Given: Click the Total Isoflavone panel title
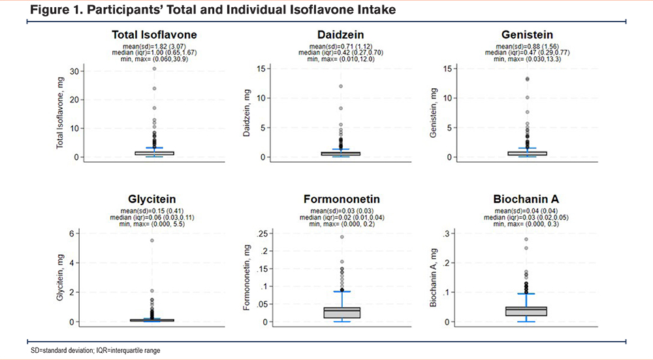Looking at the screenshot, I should click(x=155, y=35).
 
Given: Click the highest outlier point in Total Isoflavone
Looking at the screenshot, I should click(x=155, y=69).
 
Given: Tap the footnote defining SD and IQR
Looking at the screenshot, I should click(x=95, y=351).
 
